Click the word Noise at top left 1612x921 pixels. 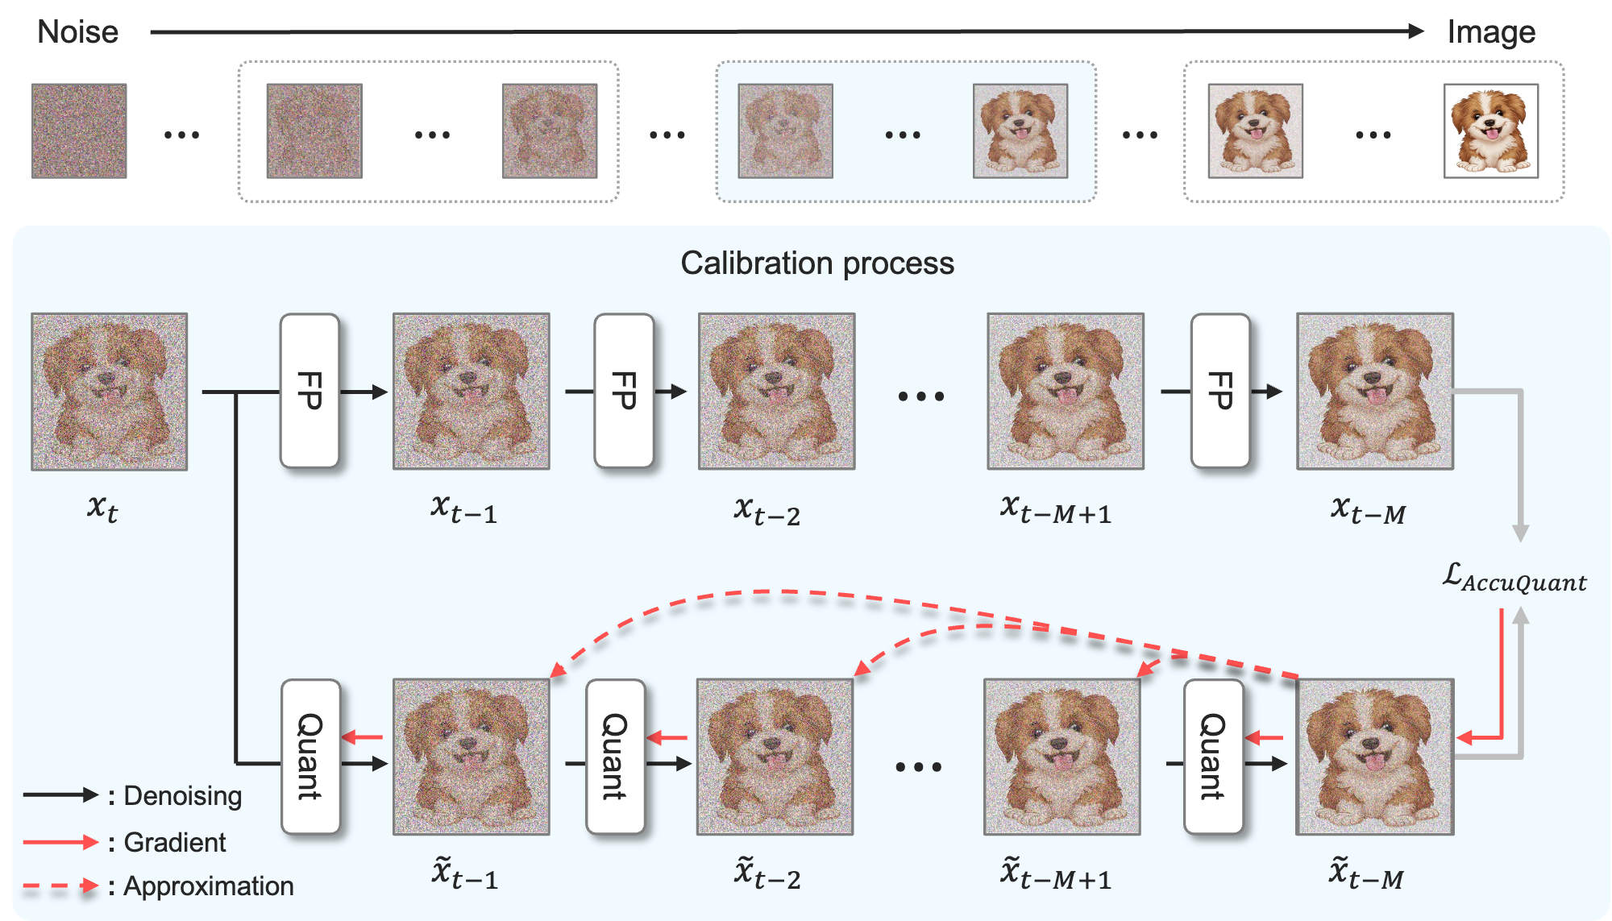click(x=77, y=32)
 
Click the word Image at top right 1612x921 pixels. click(x=1490, y=32)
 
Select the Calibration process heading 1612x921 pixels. click(x=816, y=263)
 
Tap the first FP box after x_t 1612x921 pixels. click(x=310, y=391)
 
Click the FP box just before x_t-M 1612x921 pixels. click(x=1220, y=391)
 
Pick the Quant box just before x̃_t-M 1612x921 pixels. click(x=1212, y=756)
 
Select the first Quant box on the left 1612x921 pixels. click(x=310, y=756)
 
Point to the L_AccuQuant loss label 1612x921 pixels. click(x=1514, y=579)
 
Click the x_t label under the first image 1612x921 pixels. click(x=102, y=508)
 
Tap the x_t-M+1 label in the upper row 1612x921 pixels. click(x=1056, y=509)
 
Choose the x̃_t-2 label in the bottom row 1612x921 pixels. click(x=767, y=874)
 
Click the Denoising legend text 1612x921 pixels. click(x=182, y=796)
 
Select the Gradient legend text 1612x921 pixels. click(x=174, y=843)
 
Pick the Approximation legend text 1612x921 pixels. click(x=208, y=886)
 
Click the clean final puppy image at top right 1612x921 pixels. click(x=1490, y=131)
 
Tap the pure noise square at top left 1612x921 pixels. click(x=79, y=131)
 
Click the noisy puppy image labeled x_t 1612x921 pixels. click(x=110, y=392)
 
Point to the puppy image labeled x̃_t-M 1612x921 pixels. click(x=1374, y=757)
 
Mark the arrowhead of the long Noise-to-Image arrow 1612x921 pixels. click(x=1416, y=31)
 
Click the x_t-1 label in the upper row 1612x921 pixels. click(x=463, y=509)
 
